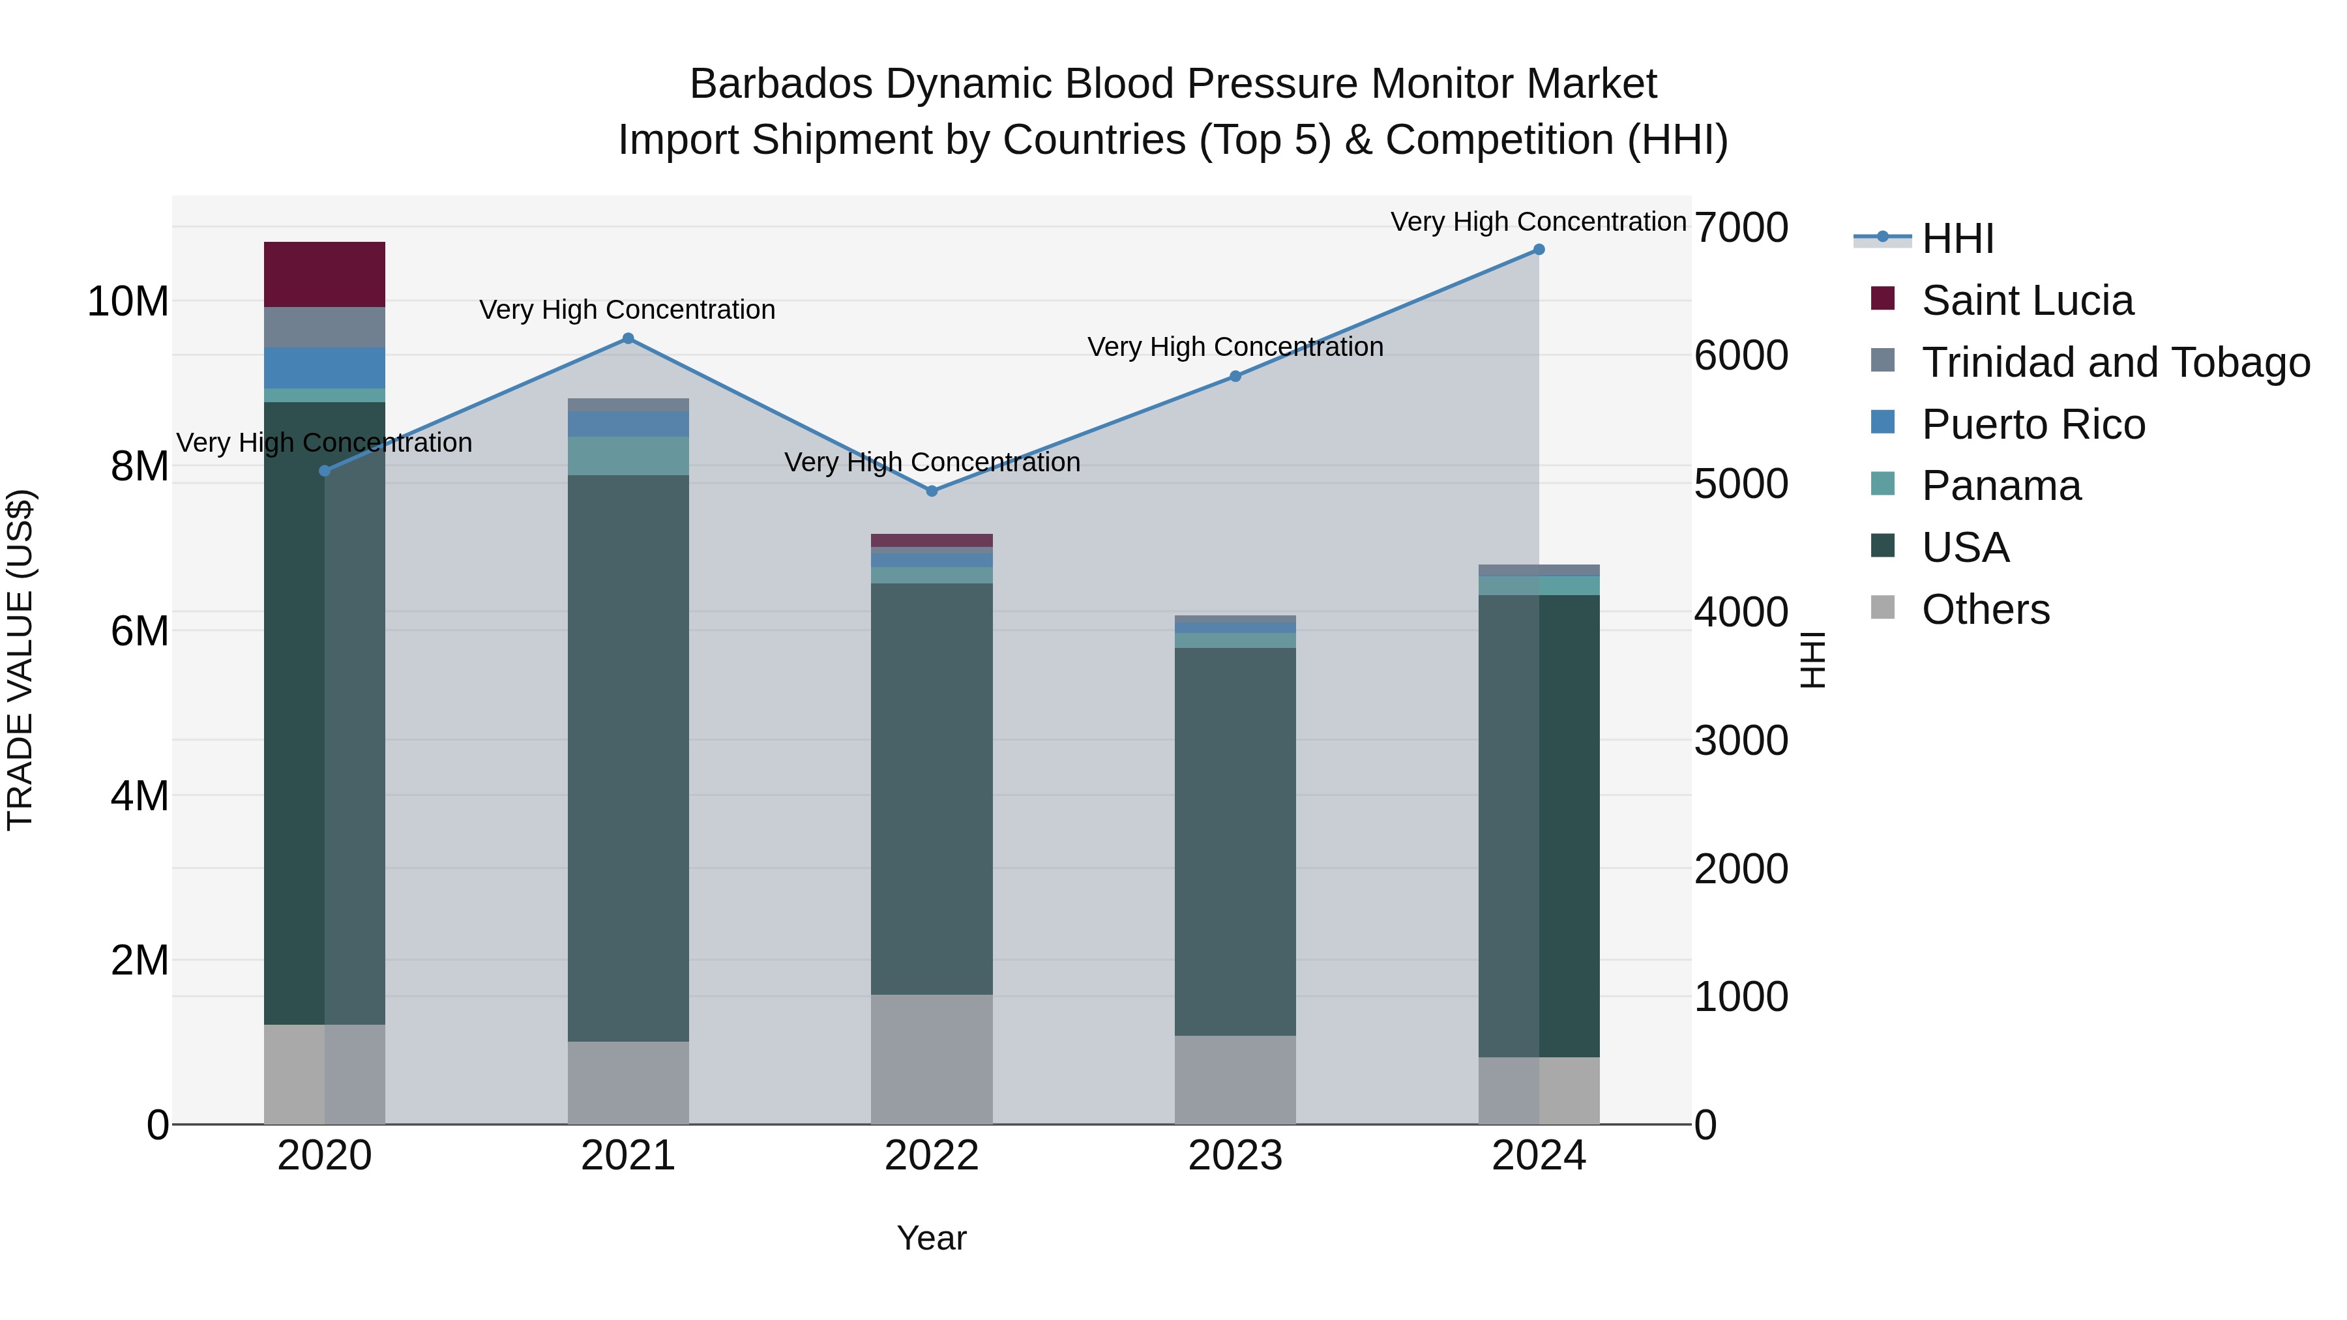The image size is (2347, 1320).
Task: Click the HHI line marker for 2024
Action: (x=1539, y=250)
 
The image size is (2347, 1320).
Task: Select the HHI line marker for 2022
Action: (x=931, y=491)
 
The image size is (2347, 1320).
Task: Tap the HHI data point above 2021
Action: (x=628, y=339)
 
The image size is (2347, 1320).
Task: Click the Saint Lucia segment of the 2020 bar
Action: (x=325, y=274)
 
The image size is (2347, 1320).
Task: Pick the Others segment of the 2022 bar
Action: (x=931, y=1059)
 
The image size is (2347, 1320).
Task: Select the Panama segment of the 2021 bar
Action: (x=628, y=456)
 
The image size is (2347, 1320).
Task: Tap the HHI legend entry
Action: (x=1957, y=239)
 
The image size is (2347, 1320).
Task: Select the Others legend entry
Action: (x=1985, y=609)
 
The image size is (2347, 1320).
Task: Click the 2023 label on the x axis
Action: (x=1235, y=1156)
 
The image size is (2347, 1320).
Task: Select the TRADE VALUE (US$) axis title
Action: (x=20, y=660)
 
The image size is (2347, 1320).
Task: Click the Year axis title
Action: (x=931, y=1238)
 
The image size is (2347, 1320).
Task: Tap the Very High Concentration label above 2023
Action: (x=1235, y=347)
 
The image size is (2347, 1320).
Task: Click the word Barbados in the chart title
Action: (x=781, y=84)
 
